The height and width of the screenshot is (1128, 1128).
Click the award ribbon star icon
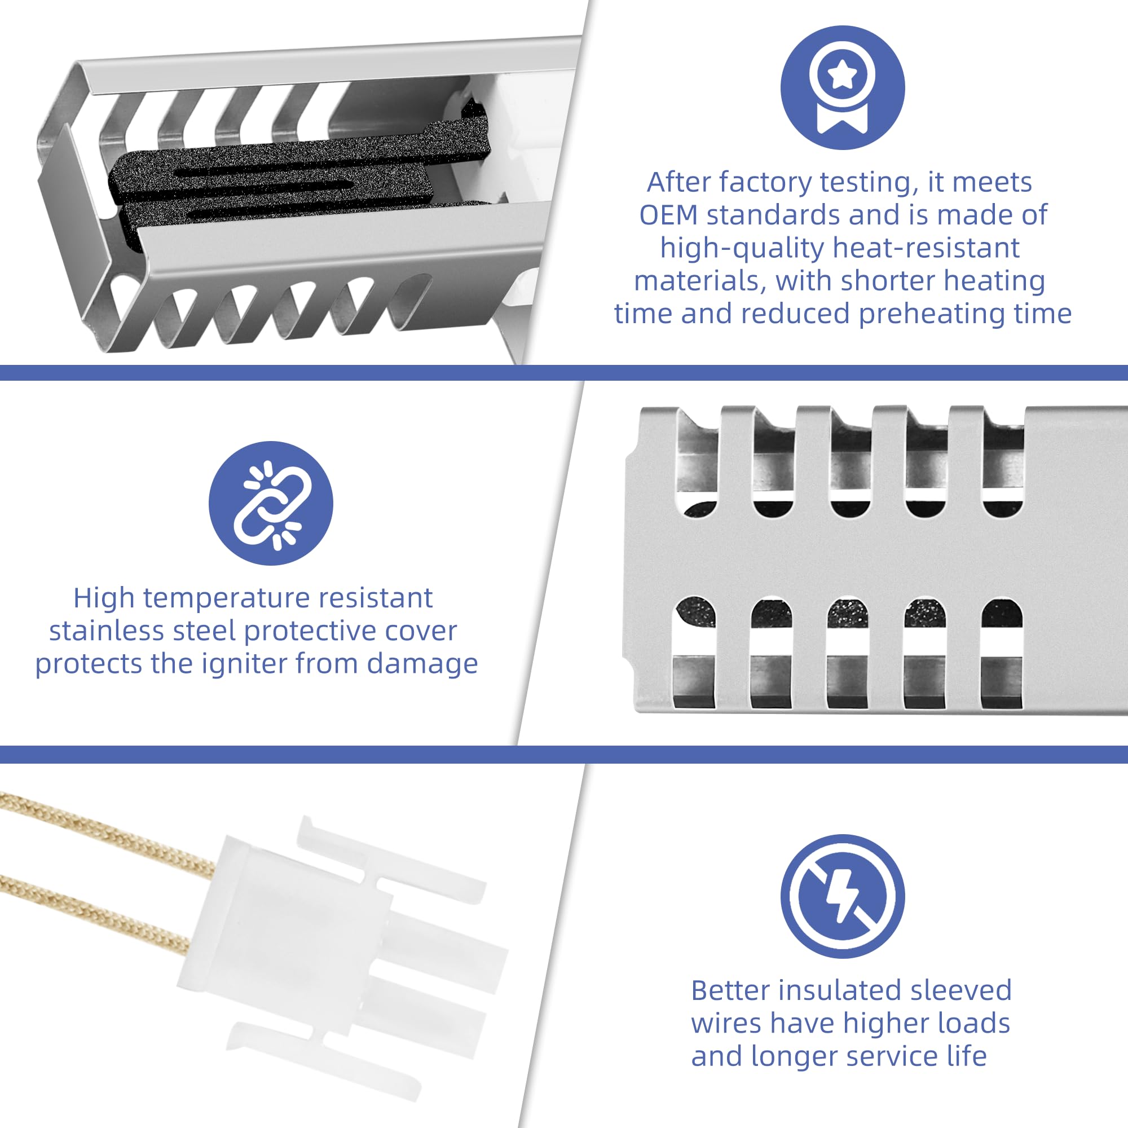(843, 87)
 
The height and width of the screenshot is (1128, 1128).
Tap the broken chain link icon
(271, 503)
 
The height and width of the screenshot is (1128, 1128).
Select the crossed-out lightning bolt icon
(843, 896)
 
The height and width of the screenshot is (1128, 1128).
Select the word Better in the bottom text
(730, 990)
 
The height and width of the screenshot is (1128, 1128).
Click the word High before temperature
(104, 598)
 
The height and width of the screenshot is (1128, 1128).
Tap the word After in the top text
(678, 182)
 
